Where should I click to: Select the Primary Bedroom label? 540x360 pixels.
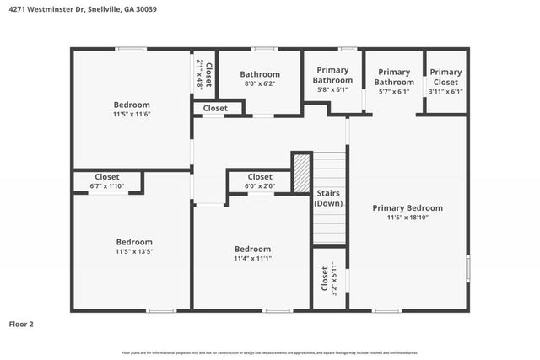click(x=408, y=207)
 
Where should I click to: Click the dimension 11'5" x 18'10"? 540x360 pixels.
click(x=408, y=218)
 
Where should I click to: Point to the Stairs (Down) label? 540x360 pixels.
click(x=328, y=198)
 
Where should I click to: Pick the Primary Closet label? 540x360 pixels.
click(x=445, y=77)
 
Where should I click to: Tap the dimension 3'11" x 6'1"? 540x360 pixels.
click(x=445, y=91)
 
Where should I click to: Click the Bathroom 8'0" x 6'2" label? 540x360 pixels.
click(x=260, y=78)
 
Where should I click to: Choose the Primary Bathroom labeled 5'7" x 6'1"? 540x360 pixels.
click(x=394, y=77)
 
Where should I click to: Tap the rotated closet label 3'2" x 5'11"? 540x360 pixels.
click(x=328, y=278)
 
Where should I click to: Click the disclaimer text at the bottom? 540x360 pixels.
click(x=270, y=352)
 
